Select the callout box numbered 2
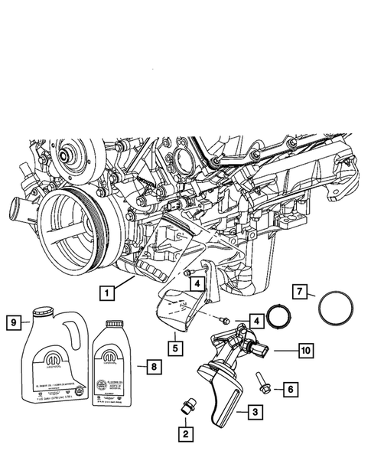point(185,434)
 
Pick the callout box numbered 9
point(15,322)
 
